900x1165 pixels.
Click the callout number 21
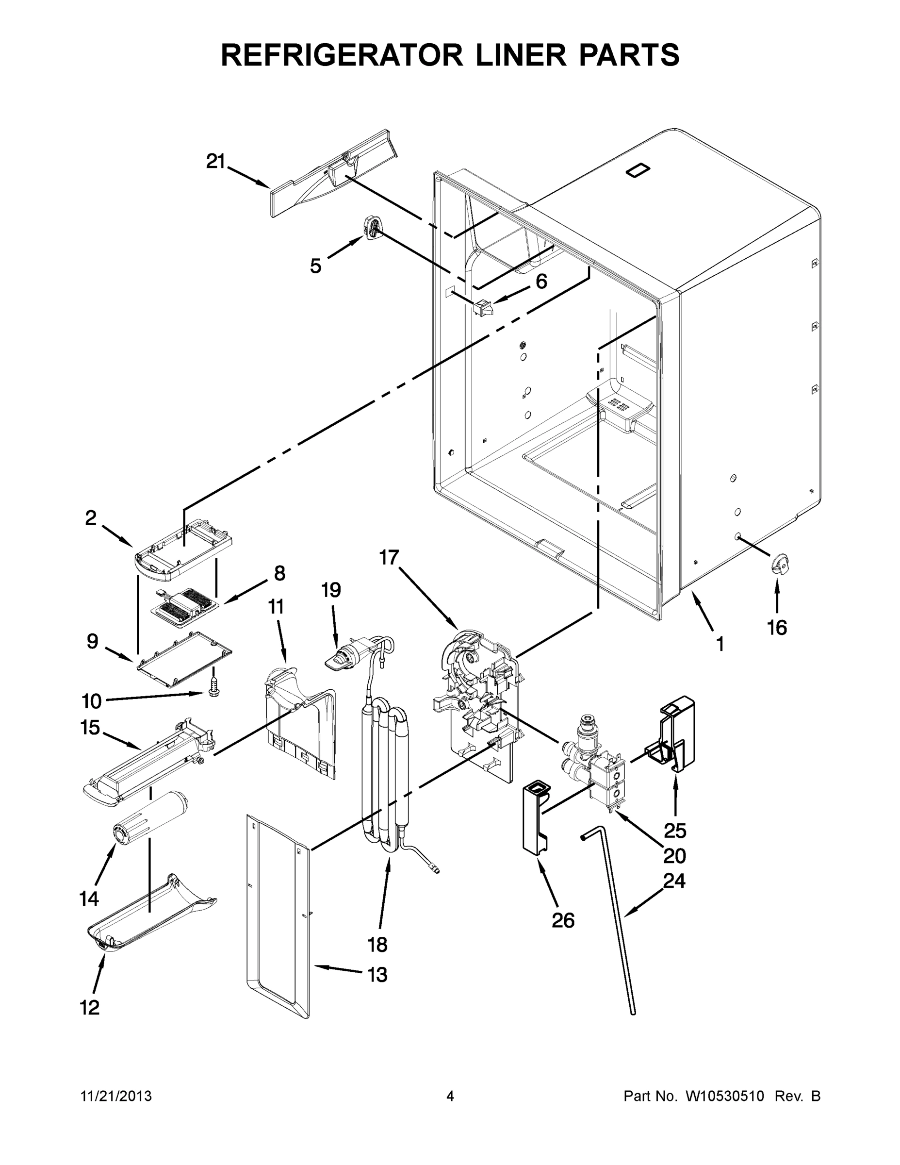coord(216,161)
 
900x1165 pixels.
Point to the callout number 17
coord(389,557)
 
